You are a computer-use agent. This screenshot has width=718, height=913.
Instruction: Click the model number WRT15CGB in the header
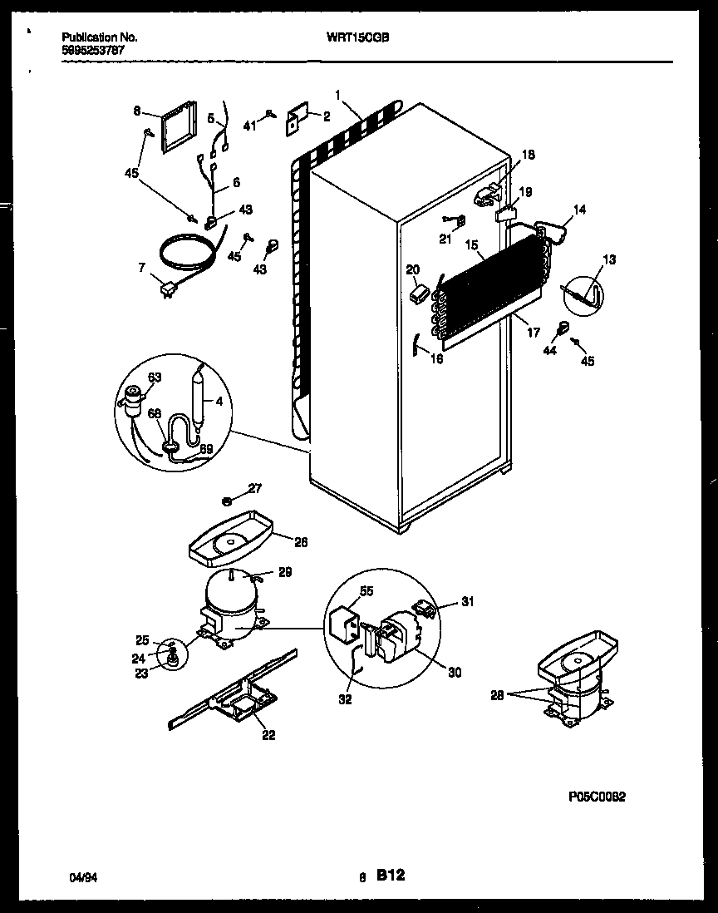click(364, 37)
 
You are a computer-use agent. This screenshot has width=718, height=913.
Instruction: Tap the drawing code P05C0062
click(597, 796)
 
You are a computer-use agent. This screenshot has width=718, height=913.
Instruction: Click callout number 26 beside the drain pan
click(300, 541)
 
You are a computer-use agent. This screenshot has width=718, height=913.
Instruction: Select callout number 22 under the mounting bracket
click(268, 734)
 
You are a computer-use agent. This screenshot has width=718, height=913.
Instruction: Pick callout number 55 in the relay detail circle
click(366, 591)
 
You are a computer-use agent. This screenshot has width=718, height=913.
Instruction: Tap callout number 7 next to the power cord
click(141, 268)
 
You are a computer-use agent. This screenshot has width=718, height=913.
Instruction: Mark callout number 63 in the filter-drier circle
click(154, 378)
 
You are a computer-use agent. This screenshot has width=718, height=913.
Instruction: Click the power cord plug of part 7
click(170, 289)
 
